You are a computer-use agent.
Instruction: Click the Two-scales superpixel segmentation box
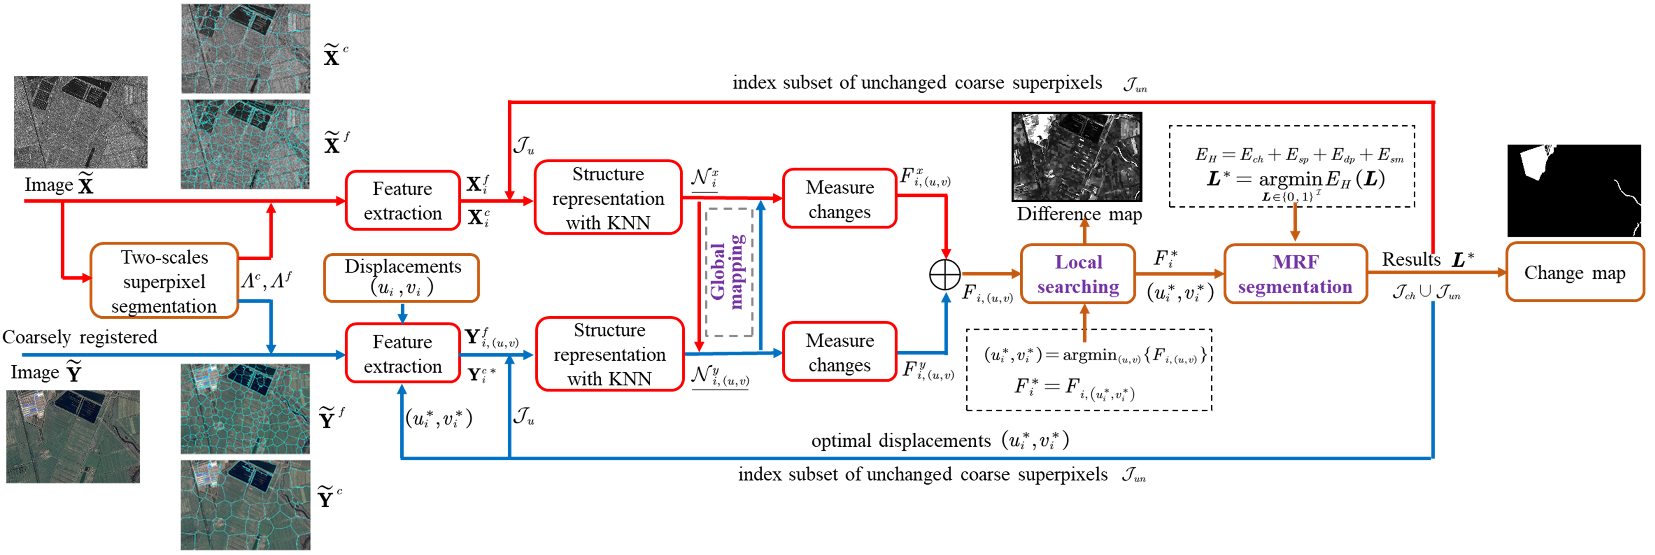point(164,281)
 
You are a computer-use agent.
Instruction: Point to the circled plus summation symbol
point(945,274)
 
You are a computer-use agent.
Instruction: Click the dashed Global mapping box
point(729,272)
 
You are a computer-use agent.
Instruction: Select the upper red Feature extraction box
point(402,200)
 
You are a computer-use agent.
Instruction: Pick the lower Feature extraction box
point(402,353)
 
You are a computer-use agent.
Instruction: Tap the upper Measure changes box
point(839,199)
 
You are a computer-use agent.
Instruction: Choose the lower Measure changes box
point(839,352)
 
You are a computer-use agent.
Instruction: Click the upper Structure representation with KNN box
point(608,198)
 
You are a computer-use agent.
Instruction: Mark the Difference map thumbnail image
point(1077,157)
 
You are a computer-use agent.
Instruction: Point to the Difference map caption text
point(1080,215)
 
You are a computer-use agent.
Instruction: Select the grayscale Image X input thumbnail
point(80,122)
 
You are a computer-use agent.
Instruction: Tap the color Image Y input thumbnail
point(73,437)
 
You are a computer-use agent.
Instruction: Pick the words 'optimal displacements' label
point(900,441)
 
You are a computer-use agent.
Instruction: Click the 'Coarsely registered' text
point(80,337)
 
